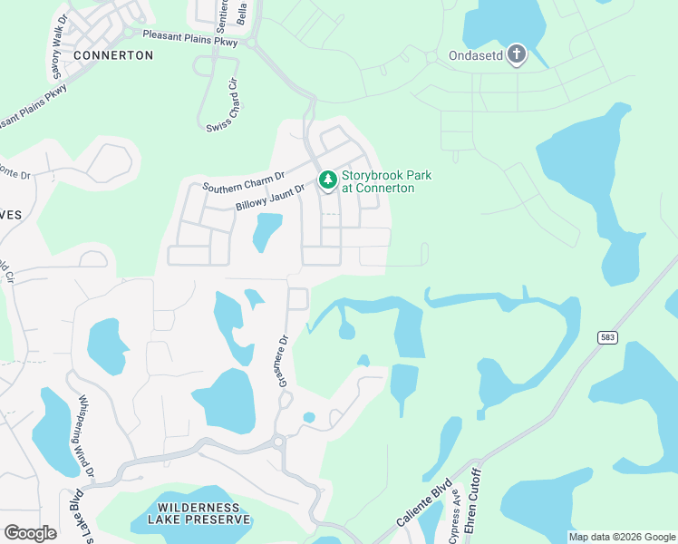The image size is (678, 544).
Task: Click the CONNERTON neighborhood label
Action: [113, 55]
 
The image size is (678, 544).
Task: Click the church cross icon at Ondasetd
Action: [517, 53]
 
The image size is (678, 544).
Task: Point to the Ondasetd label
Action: [476, 54]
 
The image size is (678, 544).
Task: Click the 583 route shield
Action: [608, 337]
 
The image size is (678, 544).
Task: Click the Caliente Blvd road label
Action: [422, 505]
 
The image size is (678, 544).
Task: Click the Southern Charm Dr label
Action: [244, 181]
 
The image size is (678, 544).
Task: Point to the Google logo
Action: [30, 533]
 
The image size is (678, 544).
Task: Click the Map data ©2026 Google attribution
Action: [621, 537]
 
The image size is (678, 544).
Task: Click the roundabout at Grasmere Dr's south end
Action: [278, 442]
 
